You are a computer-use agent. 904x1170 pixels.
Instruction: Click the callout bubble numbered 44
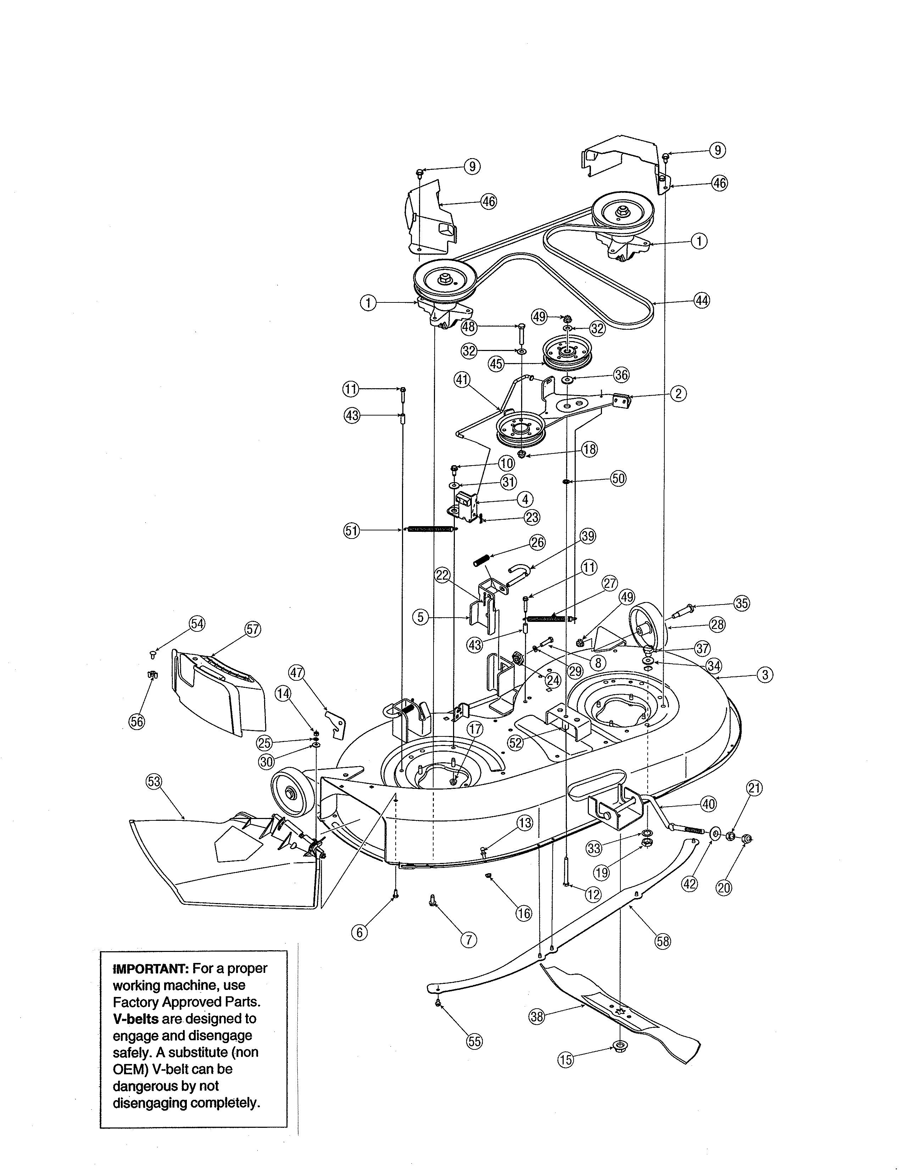(x=702, y=301)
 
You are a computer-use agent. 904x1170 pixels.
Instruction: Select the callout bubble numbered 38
(x=537, y=1016)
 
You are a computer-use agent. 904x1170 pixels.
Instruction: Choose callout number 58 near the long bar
(x=663, y=941)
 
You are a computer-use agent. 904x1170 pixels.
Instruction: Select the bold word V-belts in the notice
(x=135, y=1019)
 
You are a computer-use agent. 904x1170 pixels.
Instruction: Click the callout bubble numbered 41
(x=462, y=380)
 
